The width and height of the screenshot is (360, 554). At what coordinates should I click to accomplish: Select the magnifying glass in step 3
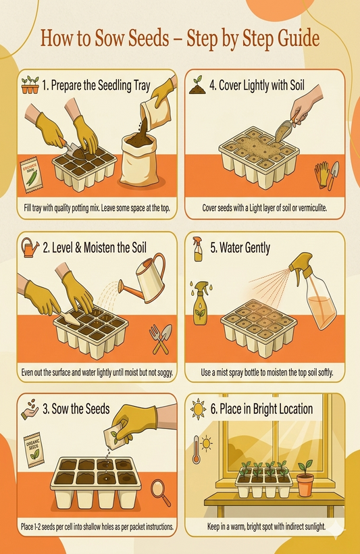(161, 492)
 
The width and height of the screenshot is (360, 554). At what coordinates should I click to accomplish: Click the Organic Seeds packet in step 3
(34, 449)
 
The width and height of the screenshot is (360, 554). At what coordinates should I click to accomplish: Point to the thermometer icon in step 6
(197, 449)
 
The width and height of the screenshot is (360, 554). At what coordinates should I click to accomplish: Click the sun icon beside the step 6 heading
(198, 409)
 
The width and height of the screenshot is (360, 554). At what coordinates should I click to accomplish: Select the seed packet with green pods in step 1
(31, 176)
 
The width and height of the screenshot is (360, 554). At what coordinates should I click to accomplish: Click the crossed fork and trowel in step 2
(161, 339)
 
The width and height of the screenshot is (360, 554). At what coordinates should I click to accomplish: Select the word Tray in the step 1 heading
(142, 86)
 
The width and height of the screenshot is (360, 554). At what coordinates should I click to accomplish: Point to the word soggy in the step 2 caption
(164, 372)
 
